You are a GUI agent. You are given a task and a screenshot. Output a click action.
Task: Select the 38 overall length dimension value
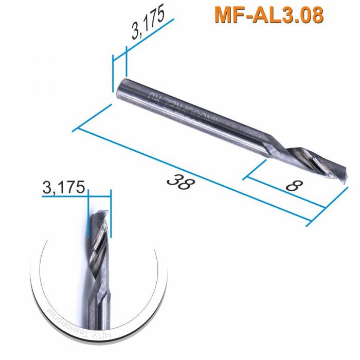coord(179,182)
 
